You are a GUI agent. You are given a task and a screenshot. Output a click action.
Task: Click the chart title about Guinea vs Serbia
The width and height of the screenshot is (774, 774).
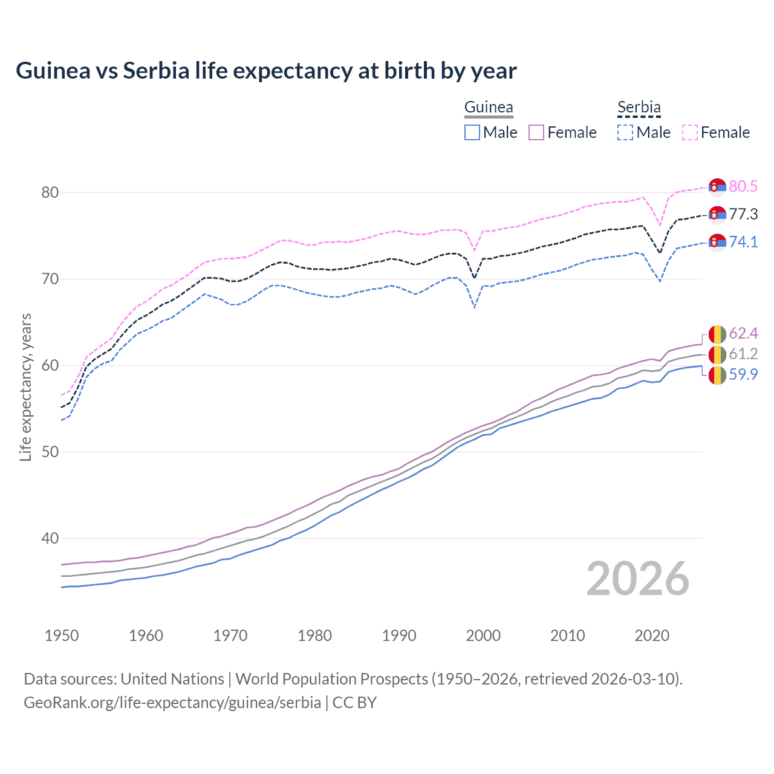(266, 71)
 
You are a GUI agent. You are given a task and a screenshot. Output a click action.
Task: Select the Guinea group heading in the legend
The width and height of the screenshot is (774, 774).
(489, 108)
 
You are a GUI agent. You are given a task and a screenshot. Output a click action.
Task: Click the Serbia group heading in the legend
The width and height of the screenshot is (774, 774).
(639, 108)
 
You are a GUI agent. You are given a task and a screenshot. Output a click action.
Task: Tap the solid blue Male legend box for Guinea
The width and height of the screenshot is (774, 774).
(472, 132)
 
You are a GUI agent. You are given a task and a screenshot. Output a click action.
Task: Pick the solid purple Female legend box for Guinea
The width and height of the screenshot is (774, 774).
(536, 132)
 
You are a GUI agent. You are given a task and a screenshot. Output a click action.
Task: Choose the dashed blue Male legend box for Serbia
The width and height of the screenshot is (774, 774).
(625, 132)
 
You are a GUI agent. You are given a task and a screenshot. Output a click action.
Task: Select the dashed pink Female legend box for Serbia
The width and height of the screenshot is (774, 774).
(690, 132)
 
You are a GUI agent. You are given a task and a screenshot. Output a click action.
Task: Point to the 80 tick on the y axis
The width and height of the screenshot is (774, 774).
(50, 192)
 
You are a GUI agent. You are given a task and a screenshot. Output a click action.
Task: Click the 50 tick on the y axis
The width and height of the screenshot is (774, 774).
(50, 452)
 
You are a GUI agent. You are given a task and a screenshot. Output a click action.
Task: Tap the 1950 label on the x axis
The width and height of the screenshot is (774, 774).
(62, 636)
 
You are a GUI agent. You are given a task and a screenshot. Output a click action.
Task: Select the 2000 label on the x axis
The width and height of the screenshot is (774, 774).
(483, 636)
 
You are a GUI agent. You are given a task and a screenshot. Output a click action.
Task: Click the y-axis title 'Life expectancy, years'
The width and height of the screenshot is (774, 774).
(25, 387)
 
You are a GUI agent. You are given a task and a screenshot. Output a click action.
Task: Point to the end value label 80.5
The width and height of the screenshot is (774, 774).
(743, 186)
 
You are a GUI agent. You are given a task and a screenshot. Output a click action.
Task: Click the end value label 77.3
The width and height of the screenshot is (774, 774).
(743, 214)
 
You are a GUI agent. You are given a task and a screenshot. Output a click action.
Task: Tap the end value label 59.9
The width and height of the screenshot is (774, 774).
(743, 374)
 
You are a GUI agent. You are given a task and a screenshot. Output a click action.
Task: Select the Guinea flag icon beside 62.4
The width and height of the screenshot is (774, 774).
(717, 334)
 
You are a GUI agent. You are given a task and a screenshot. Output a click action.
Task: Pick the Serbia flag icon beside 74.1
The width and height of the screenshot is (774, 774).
(717, 242)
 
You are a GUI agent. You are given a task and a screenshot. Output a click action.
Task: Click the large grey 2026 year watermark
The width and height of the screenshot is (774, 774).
(637, 579)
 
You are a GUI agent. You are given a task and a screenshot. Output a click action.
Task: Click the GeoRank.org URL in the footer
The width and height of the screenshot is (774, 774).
(172, 703)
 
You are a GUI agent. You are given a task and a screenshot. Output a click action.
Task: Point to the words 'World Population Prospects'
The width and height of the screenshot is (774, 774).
(331, 679)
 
